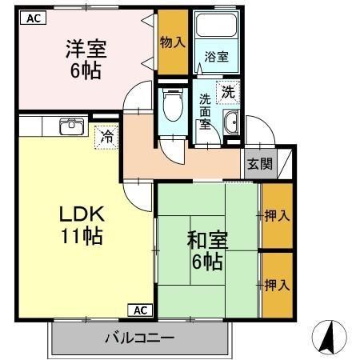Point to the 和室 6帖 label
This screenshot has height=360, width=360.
(206, 249)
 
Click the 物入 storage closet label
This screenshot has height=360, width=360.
(172, 42)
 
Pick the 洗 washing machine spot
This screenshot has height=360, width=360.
(229, 91)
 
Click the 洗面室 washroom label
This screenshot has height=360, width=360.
(206, 113)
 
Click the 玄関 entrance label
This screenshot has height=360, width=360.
(258, 164)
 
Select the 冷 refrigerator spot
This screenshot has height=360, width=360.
(106, 137)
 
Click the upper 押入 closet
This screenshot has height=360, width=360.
(276, 215)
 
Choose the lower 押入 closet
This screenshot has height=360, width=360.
(276, 284)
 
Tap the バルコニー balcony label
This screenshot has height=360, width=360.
(139, 338)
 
